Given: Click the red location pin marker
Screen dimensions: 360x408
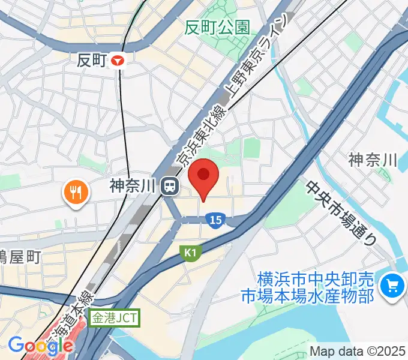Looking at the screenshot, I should click(x=203, y=175).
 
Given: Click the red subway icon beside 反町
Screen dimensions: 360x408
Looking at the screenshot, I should click(x=121, y=60).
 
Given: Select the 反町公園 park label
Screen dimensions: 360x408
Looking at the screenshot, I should click(x=217, y=28).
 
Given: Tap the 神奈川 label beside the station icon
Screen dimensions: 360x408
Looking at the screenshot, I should click(x=133, y=187).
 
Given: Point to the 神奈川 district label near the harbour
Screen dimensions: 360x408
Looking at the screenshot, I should click(x=373, y=160).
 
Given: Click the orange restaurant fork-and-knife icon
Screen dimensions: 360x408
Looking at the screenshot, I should click(x=75, y=192).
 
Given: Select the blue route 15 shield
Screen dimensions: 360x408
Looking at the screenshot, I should click(x=217, y=221).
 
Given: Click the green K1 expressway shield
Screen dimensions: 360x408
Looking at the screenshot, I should click(x=190, y=254).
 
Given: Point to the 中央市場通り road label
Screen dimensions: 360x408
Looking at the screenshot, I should click(x=341, y=212).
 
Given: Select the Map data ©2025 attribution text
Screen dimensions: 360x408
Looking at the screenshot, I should click(x=358, y=351).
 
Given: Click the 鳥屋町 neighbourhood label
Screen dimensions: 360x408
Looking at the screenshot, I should click(x=19, y=257).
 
